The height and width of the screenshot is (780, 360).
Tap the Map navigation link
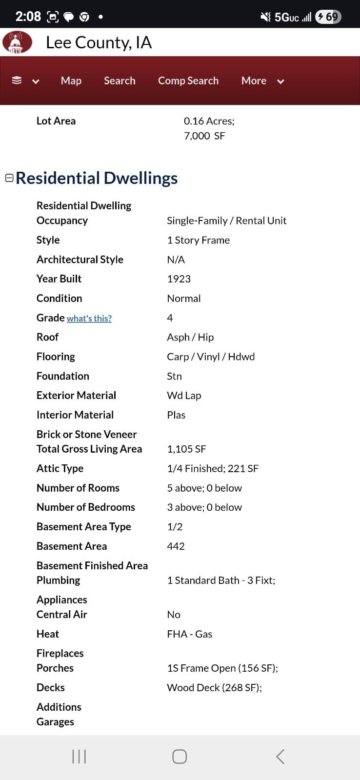(x=71, y=81)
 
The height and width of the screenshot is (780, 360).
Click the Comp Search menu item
(x=188, y=81)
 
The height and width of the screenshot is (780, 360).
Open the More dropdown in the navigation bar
(x=262, y=81)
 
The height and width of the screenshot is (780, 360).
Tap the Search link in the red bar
(x=120, y=81)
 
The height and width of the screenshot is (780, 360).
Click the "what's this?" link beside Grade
(x=89, y=319)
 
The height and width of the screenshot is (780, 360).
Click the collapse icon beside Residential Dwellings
(x=9, y=178)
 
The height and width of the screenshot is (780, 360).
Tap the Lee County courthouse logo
(x=17, y=42)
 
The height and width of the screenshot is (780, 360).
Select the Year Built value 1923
(x=179, y=279)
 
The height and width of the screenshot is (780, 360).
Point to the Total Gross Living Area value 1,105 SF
(x=186, y=449)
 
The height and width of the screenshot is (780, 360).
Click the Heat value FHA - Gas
(x=189, y=634)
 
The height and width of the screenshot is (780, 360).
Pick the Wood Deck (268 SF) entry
(x=214, y=688)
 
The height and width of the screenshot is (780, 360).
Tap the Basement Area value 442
(x=176, y=546)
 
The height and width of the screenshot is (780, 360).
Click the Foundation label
(x=63, y=376)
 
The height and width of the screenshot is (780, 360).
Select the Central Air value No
(x=173, y=615)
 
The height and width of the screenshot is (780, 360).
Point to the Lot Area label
(x=56, y=121)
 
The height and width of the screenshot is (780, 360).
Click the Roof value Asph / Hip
(x=190, y=338)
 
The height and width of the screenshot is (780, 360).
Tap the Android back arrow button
(x=280, y=757)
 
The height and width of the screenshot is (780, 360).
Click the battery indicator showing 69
(x=328, y=17)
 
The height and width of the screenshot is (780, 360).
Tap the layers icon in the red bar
(x=17, y=81)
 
